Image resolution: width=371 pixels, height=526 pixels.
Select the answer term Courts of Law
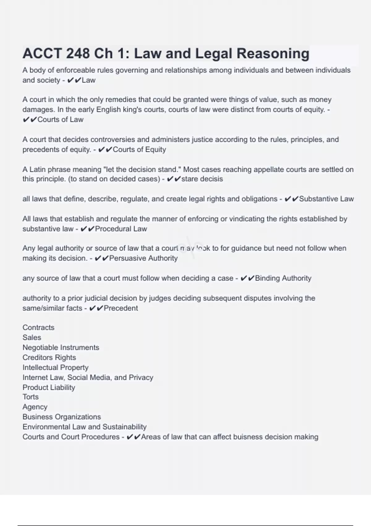60,119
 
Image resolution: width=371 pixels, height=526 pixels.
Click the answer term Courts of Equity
139,149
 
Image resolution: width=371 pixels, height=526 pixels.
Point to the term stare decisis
202,179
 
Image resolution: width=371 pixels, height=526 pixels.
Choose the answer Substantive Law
326,199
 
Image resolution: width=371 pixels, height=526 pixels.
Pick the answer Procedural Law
121,229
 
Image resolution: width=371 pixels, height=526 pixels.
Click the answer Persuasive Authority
143,258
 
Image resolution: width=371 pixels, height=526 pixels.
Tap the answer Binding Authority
283,278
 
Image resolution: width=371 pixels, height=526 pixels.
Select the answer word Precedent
121,308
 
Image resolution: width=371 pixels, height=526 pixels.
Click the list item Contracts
38,327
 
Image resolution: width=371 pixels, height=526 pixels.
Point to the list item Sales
32,338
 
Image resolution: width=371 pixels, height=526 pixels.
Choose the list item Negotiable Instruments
61,347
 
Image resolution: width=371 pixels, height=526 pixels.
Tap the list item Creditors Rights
49,357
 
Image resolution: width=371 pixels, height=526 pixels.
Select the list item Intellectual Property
56,367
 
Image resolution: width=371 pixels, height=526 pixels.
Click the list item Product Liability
49,387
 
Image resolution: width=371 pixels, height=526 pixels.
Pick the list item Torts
31,397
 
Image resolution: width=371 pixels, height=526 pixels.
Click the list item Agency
35,407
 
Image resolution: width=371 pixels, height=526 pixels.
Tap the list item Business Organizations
62,417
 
